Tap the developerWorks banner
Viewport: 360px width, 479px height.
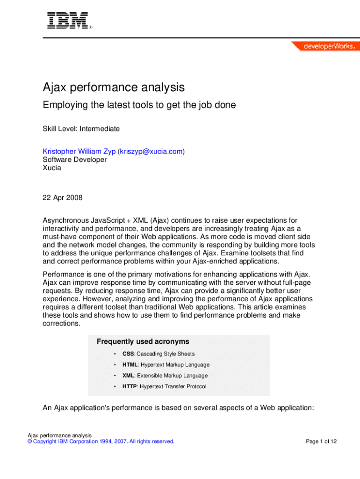point(325,46)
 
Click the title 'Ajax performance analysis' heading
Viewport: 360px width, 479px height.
point(114,87)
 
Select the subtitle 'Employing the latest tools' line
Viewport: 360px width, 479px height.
point(139,105)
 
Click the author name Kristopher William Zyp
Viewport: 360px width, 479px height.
point(79,151)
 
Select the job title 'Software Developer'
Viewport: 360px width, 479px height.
point(74,160)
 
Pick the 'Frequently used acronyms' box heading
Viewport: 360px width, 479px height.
point(143,341)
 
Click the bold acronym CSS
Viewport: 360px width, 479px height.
point(128,354)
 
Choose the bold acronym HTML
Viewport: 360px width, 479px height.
point(130,364)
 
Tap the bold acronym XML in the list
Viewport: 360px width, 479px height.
point(129,376)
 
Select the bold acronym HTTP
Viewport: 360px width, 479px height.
point(130,386)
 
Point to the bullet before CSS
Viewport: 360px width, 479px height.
point(115,354)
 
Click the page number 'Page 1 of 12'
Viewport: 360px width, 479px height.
point(321,441)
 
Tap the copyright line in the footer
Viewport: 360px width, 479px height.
point(101,441)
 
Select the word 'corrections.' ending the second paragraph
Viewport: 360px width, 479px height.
point(61,324)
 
